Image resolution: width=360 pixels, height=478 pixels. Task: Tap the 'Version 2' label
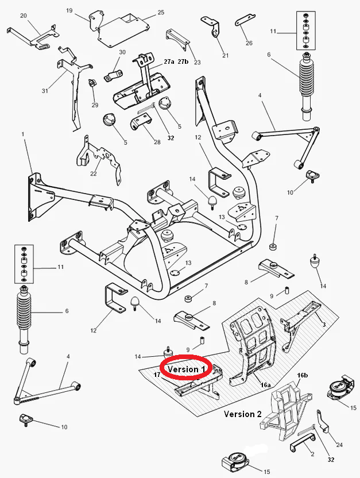pyautogui.click(x=243, y=414)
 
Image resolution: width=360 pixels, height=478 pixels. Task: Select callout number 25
pyautogui.click(x=161, y=12)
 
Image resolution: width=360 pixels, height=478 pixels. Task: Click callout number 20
pyautogui.click(x=24, y=16)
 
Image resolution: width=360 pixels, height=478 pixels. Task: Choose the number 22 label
pyautogui.click(x=93, y=174)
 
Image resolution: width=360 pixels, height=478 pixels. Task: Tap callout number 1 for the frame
pyautogui.click(x=24, y=134)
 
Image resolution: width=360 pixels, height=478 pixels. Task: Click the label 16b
pyautogui.click(x=303, y=375)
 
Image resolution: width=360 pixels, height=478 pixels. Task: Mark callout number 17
pyautogui.click(x=156, y=375)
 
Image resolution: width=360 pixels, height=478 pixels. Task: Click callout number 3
pyautogui.click(x=324, y=325)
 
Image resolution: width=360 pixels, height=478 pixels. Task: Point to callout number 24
pyautogui.click(x=339, y=445)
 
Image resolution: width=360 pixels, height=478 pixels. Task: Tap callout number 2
pyautogui.click(x=312, y=454)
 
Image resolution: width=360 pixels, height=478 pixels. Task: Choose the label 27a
pyautogui.click(x=169, y=61)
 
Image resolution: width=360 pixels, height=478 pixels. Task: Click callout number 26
pyautogui.click(x=249, y=43)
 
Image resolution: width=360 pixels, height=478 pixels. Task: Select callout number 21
pyautogui.click(x=225, y=55)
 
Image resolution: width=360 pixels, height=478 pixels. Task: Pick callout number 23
pyautogui.click(x=197, y=62)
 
